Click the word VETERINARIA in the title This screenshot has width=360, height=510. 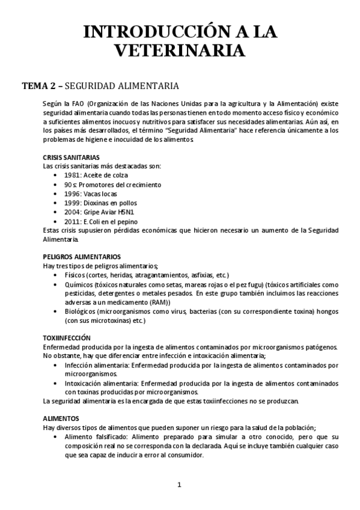(180, 51)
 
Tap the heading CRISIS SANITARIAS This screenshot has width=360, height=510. (67, 158)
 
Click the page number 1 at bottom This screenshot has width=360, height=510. (179, 485)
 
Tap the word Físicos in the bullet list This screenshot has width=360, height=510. (76, 275)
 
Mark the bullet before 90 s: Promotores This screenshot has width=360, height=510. (56, 185)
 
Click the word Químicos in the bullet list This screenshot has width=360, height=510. (79, 284)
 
